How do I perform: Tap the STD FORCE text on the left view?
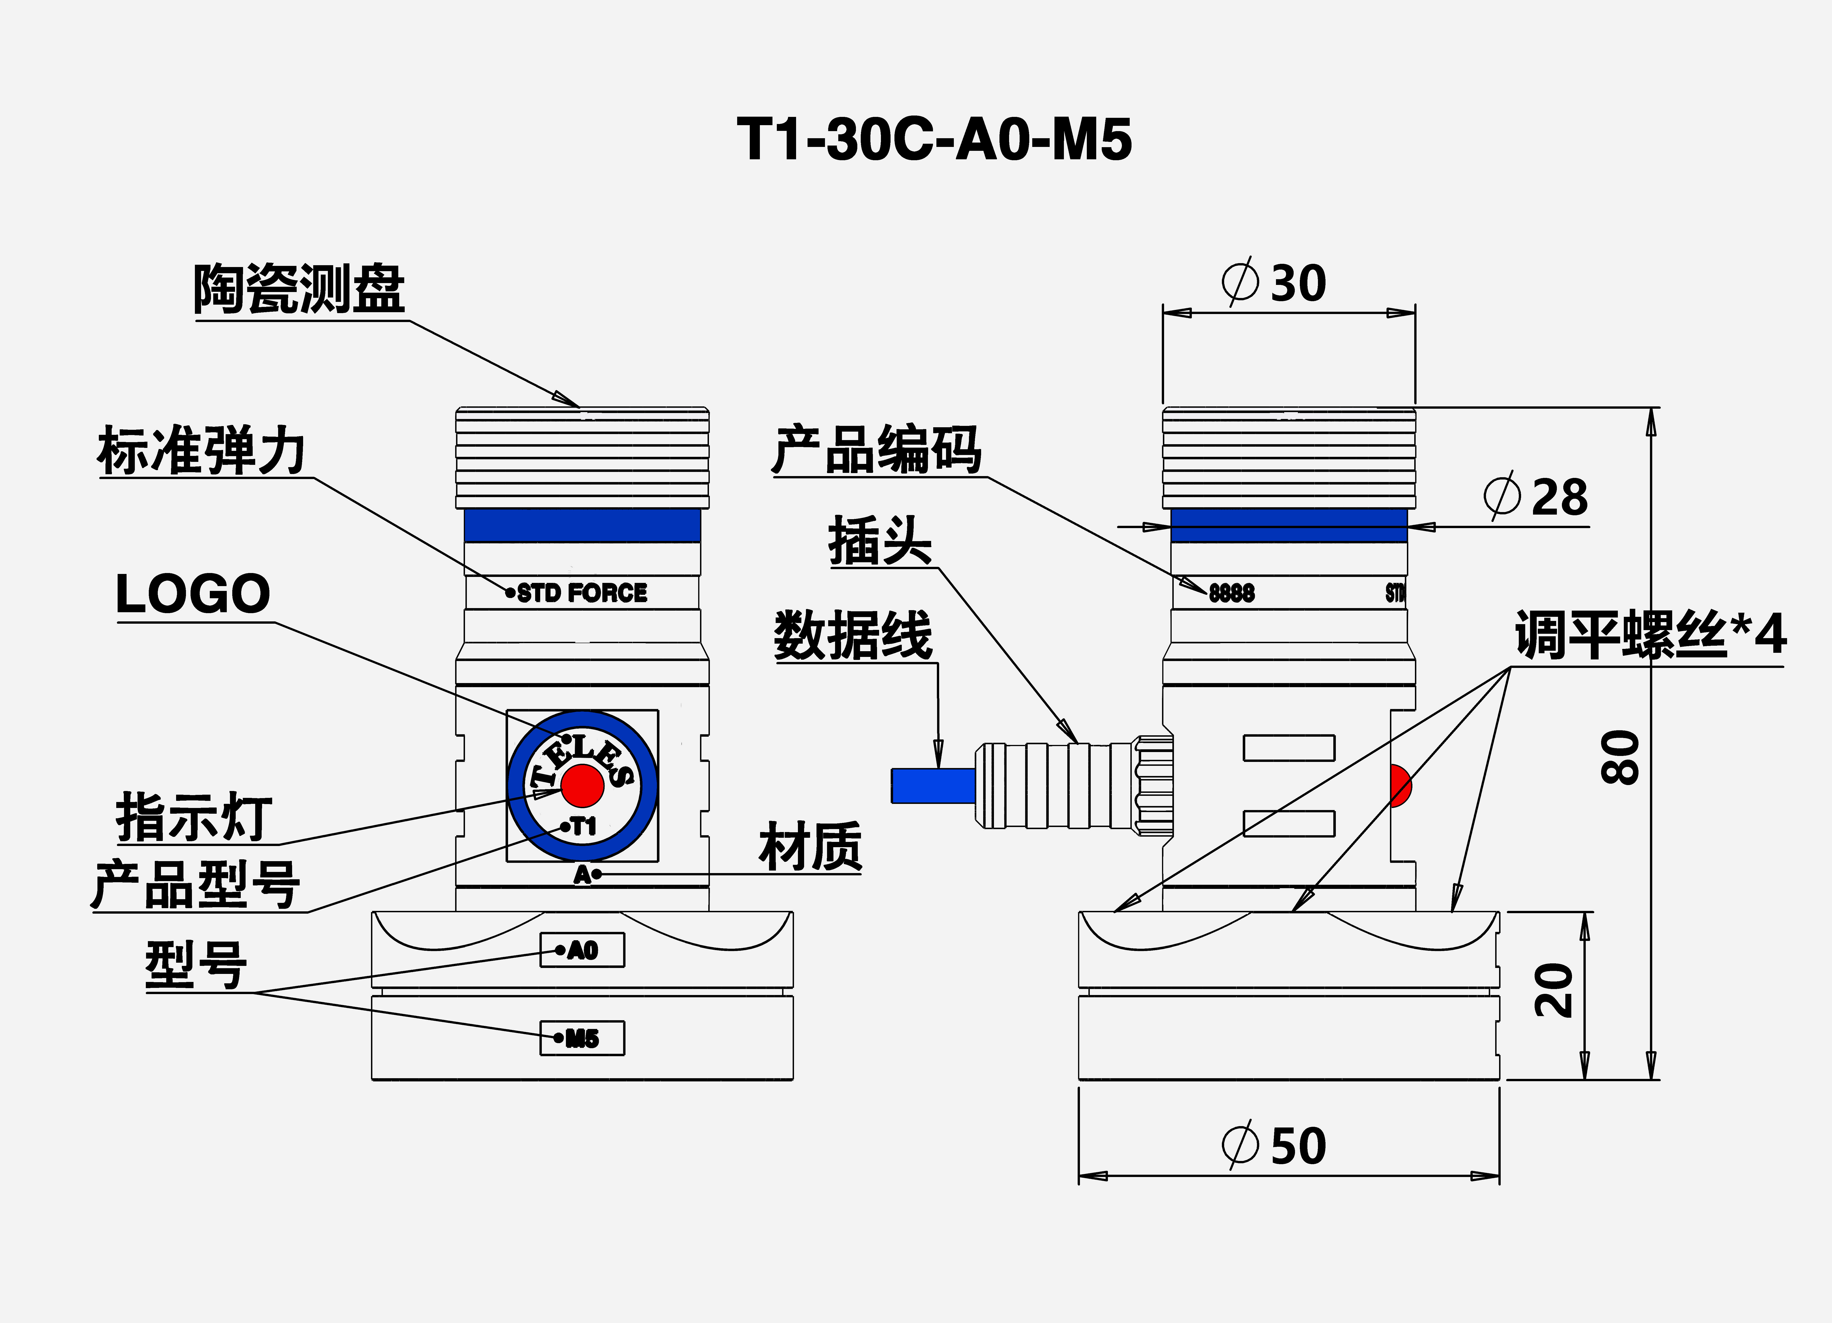coord(582,593)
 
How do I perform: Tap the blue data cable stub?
coord(933,786)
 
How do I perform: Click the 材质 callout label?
coord(810,847)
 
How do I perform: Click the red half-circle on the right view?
coord(1400,786)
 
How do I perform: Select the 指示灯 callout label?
coord(194,817)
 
